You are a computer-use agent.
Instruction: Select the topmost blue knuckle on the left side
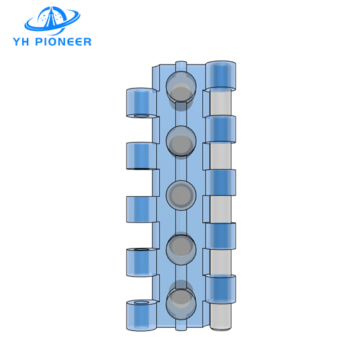click(x=141, y=103)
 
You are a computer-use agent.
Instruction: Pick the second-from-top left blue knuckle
click(x=141, y=156)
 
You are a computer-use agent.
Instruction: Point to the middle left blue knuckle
click(x=141, y=208)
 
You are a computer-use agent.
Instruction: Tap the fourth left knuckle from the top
click(x=141, y=263)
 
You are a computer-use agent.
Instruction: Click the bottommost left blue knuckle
click(x=141, y=316)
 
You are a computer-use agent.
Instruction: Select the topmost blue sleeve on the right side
click(x=221, y=76)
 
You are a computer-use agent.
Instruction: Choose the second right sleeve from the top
click(x=221, y=129)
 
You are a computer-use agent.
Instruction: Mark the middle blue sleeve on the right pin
click(x=221, y=183)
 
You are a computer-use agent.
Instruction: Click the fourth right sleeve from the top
click(x=221, y=236)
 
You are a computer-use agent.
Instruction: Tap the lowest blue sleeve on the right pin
click(x=221, y=289)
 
